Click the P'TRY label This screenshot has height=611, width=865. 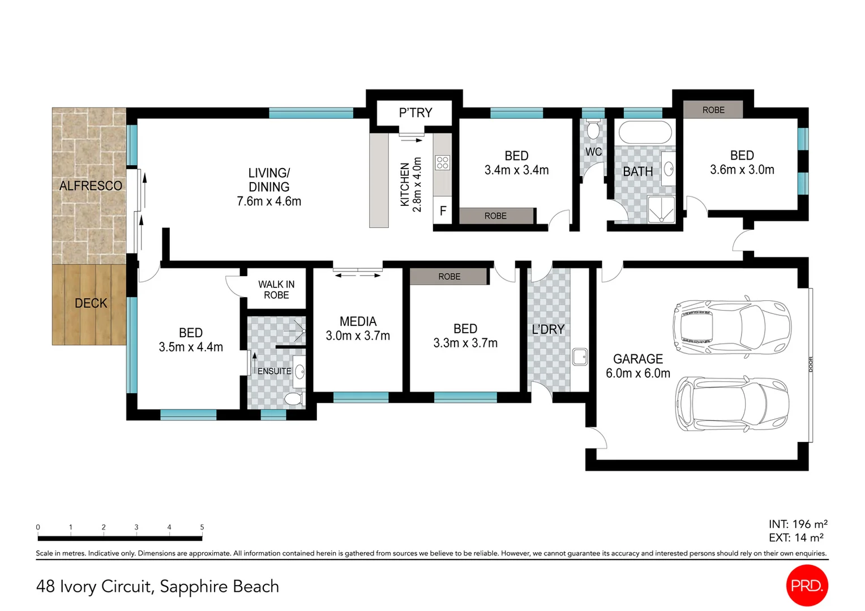click(x=415, y=113)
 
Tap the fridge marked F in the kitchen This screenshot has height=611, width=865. click(x=443, y=210)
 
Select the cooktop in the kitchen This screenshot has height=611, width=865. click(x=443, y=162)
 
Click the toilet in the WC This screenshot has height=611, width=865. click(x=593, y=129)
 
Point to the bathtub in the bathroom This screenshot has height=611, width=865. click(x=645, y=132)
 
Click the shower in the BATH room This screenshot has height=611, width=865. click(x=662, y=209)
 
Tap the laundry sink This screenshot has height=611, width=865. click(x=580, y=356)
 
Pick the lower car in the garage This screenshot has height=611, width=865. click(x=732, y=404)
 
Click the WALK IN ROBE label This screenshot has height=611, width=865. click(x=276, y=290)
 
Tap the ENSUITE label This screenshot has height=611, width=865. click(x=274, y=371)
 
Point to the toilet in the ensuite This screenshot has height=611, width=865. click(x=294, y=399)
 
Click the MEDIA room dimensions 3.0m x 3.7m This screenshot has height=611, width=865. click(x=358, y=336)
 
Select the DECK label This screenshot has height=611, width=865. click(x=91, y=303)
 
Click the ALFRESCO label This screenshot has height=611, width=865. click(x=91, y=186)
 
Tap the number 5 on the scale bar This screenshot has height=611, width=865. click(x=202, y=527)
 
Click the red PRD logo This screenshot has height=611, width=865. click(x=807, y=586)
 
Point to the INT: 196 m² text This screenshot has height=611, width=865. click(x=798, y=524)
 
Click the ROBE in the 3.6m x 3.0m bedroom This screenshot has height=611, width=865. click(x=713, y=110)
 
